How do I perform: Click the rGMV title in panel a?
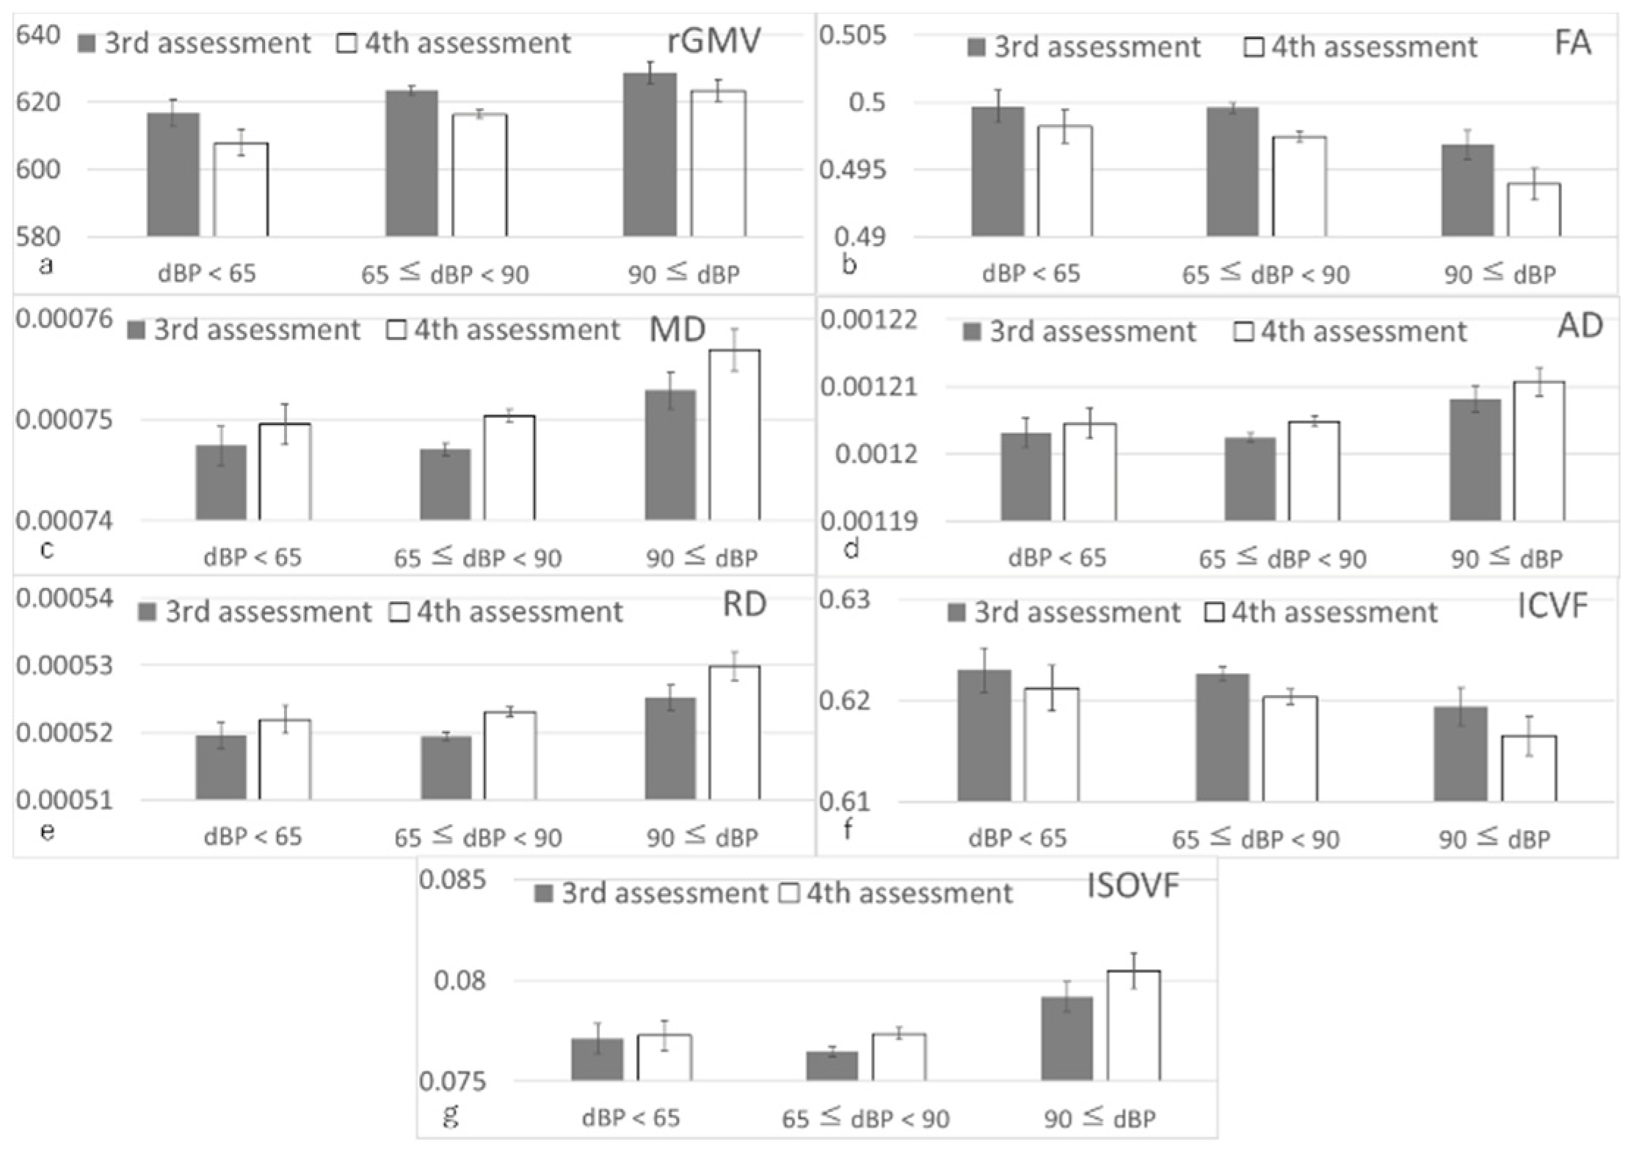click(x=713, y=42)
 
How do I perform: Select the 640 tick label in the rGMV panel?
click(x=37, y=34)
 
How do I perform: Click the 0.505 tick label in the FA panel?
click(x=852, y=34)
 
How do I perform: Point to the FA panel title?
click(x=1572, y=43)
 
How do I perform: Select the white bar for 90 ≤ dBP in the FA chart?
click(x=1533, y=210)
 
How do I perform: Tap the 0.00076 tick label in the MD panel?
click(x=65, y=319)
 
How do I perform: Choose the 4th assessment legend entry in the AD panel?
click(x=1350, y=332)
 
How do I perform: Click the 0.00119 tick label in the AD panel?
click(x=869, y=522)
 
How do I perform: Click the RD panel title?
click(x=744, y=604)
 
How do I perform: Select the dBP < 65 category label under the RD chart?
click(x=252, y=837)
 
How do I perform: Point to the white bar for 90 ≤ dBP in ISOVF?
click(x=1133, y=1025)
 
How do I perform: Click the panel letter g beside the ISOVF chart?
click(x=451, y=1116)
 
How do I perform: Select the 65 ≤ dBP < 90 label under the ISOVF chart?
click(x=865, y=1119)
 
